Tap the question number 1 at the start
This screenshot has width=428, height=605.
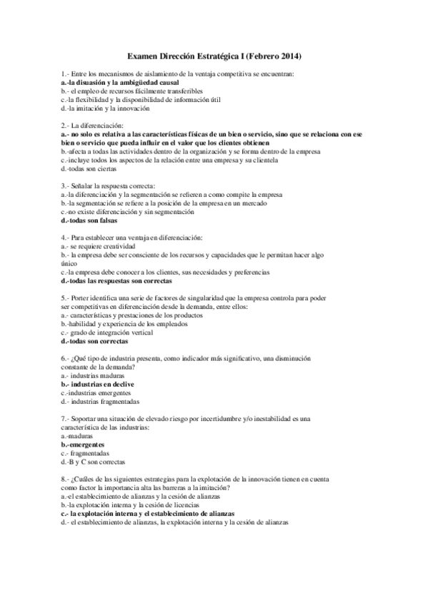pyautogui.click(x=64, y=74)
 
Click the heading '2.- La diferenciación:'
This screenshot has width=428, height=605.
pyautogui.click(x=92, y=126)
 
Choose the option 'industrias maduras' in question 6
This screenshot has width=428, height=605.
pyautogui.click(x=93, y=375)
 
